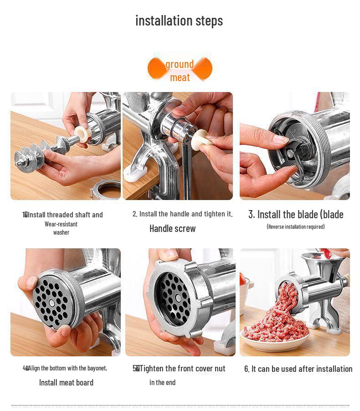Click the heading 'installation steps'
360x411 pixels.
(x=179, y=21)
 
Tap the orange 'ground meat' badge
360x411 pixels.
(x=180, y=70)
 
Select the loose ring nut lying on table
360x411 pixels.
(x=105, y=189)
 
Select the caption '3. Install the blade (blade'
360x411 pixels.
(x=296, y=214)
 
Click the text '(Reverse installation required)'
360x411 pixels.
(x=296, y=226)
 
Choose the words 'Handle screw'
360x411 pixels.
(x=172, y=229)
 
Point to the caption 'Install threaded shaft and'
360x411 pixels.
(x=64, y=215)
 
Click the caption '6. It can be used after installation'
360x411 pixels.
(x=298, y=369)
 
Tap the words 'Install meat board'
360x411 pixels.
(x=66, y=382)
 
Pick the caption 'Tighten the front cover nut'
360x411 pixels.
(x=181, y=368)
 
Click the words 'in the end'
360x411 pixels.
(x=162, y=382)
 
